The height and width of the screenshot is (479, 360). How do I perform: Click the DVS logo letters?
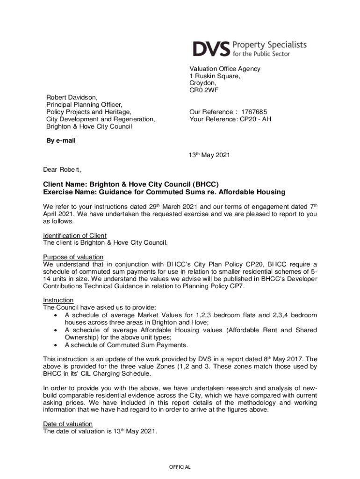coord(211,49)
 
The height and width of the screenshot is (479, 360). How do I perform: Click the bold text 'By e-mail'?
coord(59,140)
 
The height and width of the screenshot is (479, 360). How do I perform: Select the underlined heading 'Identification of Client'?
coord(75,235)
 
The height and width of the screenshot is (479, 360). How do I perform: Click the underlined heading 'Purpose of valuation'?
coord(73,257)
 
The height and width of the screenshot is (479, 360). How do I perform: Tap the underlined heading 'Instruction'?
coord(58,300)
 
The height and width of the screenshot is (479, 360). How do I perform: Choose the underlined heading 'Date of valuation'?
coord(68,424)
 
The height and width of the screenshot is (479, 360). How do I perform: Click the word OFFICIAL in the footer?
coord(180,467)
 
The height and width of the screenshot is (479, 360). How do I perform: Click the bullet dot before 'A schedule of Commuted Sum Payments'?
coord(56,345)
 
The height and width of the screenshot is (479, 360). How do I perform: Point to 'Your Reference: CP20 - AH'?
coord(230,119)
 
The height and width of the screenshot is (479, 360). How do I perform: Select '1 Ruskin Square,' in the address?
coord(215,76)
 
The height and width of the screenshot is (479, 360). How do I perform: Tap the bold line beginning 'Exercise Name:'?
coord(164,192)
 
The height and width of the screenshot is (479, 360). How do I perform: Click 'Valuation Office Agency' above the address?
coord(224,69)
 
